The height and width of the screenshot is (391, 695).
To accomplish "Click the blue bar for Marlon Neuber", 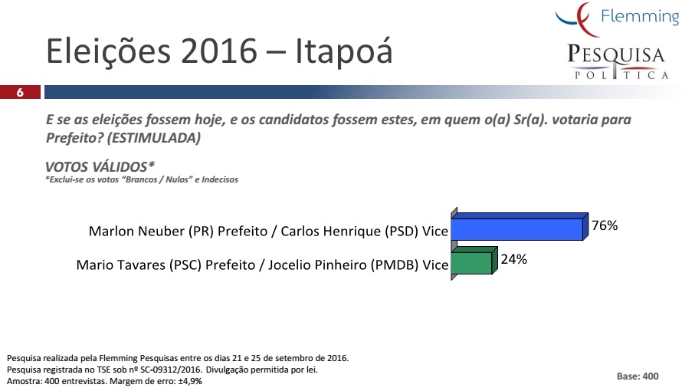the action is pos(520,227).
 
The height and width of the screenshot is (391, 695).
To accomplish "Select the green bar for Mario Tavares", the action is pos(474,261).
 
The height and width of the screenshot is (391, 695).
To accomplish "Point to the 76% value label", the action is pos(605,225).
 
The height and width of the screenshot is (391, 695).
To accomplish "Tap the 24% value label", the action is pos(513,259).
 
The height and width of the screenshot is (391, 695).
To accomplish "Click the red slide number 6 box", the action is pos(20,92).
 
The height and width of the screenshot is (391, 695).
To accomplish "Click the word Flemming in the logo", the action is pos(640,17).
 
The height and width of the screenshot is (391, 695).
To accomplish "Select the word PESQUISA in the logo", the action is pos(616,54).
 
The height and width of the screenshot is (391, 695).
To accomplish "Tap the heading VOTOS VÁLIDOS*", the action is pos(100,166).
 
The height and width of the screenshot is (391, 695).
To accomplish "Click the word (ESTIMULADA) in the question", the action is pos(154,138).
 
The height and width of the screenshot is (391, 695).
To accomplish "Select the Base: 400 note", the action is pos(638,376).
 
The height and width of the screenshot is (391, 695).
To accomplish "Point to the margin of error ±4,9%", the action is pos(190,381).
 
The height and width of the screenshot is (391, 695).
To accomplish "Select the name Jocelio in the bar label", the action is pos(289,265).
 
